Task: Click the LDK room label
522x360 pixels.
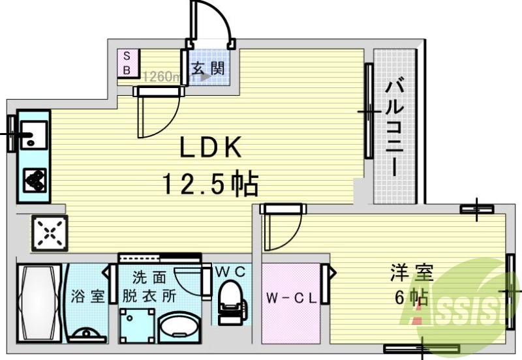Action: [x=211, y=148]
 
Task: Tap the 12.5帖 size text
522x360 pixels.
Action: [x=210, y=185]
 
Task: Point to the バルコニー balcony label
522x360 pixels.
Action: [x=393, y=128]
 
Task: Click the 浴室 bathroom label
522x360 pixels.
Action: [x=88, y=295]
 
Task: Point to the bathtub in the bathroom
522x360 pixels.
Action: [x=38, y=301]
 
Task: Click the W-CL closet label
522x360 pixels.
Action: [x=292, y=299]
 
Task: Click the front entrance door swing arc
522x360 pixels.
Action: [x=215, y=23]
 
